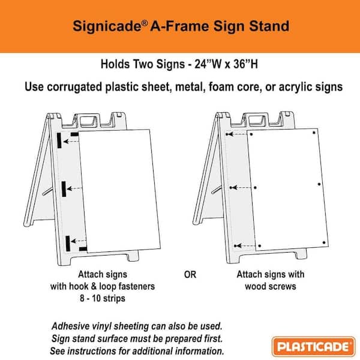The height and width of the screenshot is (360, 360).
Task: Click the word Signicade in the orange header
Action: coord(100,26)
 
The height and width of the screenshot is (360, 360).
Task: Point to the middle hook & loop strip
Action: coord(64,188)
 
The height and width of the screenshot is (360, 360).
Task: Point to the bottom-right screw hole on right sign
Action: coord(324,242)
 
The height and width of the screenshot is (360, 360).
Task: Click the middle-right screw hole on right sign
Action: coord(319,184)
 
